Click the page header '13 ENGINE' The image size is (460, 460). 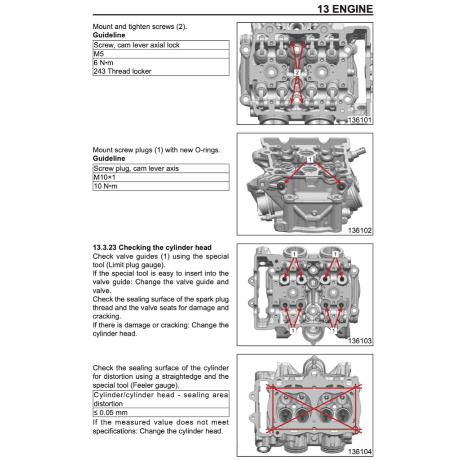(345, 9)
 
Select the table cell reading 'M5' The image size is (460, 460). (160, 54)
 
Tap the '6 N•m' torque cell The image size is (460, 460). (160, 62)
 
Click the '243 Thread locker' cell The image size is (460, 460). (160, 71)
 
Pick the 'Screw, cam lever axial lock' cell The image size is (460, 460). (160, 45)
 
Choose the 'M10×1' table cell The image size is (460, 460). (160, 177)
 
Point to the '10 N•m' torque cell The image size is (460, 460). (160, 186)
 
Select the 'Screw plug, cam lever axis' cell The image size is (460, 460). (160, 169)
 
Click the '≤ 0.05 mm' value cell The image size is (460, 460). (160, 412)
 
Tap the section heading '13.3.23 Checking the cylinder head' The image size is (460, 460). (152, 248)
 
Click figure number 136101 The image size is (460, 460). (360, 120)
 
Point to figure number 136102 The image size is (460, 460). (360, 230)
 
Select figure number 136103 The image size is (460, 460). (360, 341)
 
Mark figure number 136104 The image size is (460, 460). (360, 452)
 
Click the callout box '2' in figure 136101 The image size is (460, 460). (297, 72)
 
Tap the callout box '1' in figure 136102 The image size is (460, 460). (310, 159)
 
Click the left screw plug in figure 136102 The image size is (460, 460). (281, 186)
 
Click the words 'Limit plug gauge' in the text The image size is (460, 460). (130, 265)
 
